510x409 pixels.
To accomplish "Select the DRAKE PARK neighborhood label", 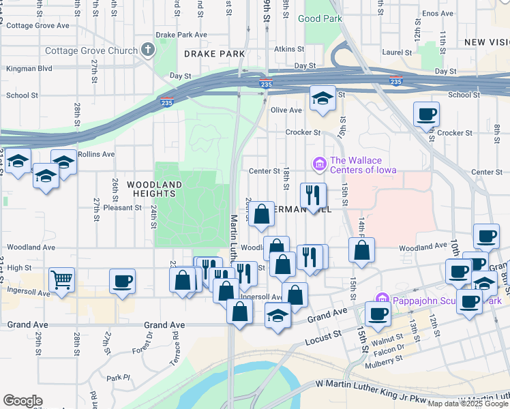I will click(x=213, y=53).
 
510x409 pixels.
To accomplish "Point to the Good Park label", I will click(x=320, y=18).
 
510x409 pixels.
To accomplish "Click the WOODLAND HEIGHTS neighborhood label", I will click(x=155, y=189).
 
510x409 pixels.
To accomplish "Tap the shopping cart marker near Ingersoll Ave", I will click(x=61, y=279).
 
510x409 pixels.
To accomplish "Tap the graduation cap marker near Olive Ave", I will click(x=322, y=98).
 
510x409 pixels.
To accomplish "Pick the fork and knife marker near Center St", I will click(x=313, y=195).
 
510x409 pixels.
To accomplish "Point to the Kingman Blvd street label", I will click(x=29, y=69).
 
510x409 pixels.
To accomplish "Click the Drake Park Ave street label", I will click(x=181, y=34).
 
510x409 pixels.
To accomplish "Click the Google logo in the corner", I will click(x=22, y=401).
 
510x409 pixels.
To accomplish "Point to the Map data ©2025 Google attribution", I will click(x=468, y=404).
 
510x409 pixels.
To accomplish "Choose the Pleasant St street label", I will click(x=123, y=207).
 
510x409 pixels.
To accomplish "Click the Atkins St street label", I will click(x=289, y=49).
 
